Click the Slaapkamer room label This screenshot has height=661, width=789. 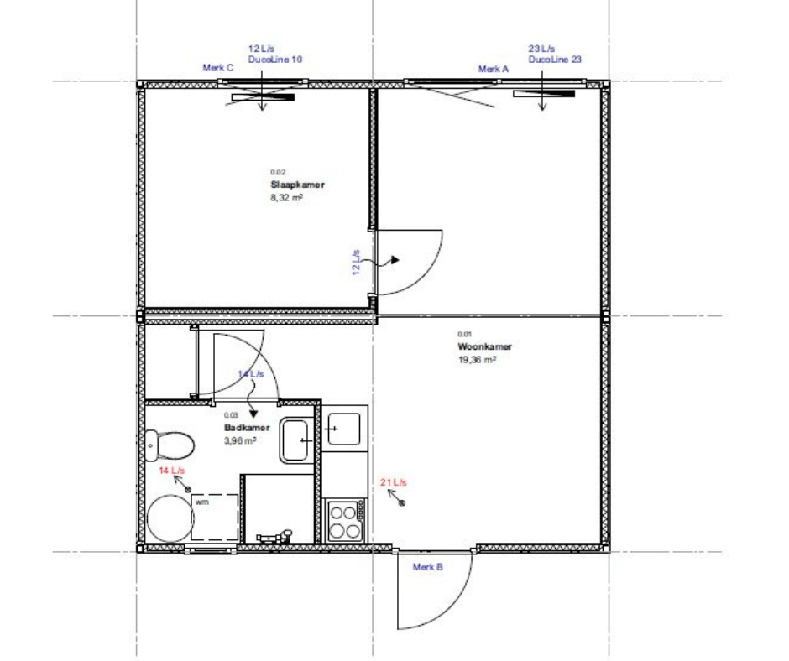pos(297,185)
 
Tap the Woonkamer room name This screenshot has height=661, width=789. pos(484,346)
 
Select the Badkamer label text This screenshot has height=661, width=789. pos(247,428)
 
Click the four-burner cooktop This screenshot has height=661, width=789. pos(345,521)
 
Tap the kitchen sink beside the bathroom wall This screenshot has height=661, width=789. pos(343,429)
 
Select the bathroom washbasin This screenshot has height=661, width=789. pos(295,441)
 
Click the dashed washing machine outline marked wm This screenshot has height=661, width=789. pos(215,518)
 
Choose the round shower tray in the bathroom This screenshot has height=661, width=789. pos(170,518)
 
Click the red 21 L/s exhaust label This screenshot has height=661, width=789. pos(394,482)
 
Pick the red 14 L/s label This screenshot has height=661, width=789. pos(171,471)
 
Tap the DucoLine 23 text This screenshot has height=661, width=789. pos(555,60)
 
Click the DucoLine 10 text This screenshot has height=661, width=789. pos(274,60)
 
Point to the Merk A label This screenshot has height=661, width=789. pos(494,69)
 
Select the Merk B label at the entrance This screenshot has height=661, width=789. pos(428,567)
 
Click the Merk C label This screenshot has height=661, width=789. pos(218,68)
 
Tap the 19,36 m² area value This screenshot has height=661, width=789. pos(477,360)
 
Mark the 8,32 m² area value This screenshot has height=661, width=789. pos(286,198)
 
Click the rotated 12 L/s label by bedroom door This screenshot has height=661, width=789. pos(356,262)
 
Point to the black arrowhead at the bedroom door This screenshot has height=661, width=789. pos(395,260)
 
